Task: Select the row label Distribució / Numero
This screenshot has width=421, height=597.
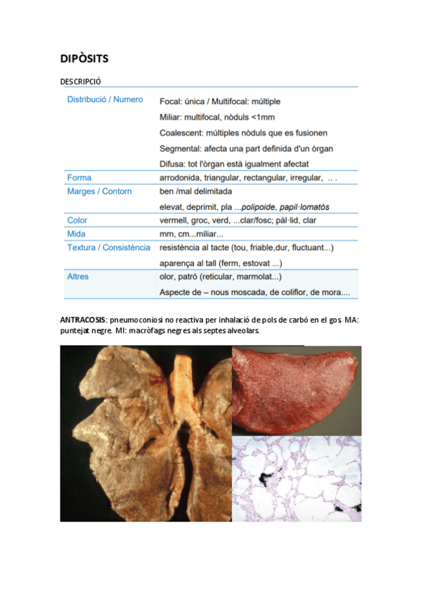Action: [105, 100]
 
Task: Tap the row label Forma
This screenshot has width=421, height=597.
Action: [79, 177]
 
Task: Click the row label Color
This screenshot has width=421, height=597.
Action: [77, 220]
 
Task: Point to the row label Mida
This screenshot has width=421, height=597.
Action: [77, 234]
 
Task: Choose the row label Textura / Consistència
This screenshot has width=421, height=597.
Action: [108, 248]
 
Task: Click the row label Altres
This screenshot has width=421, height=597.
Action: [78, 277]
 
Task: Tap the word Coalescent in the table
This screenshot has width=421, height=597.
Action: [182, 132]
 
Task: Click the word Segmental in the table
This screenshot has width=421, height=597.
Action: [181, 149]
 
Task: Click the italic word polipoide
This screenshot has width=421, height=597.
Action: [260, 207]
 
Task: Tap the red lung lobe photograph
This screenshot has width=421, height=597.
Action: [295, 391]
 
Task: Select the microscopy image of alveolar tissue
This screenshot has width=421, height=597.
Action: [297, 479]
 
